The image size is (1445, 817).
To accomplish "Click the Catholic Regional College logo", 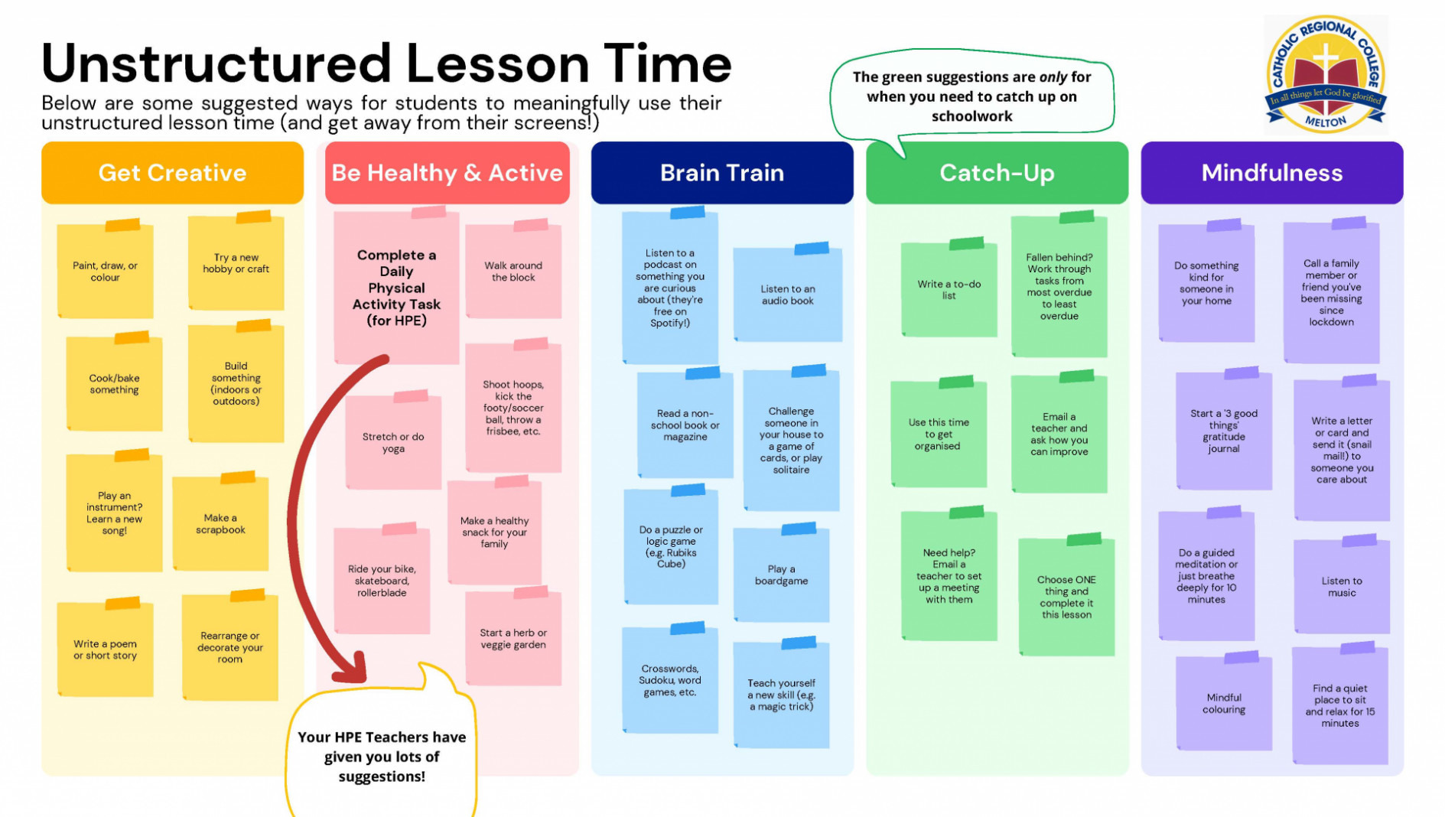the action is pos(1326,75).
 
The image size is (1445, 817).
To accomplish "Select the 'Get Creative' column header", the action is pos(172,172).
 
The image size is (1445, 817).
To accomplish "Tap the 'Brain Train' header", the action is pos(722,172).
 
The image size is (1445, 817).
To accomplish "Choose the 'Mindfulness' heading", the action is pos(1272,172).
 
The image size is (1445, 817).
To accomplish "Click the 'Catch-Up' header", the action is pos(997,172).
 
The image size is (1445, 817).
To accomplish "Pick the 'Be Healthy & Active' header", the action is pos(447,172).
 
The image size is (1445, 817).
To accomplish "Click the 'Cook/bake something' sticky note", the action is pos(114,382).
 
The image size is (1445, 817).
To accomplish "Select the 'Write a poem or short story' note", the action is pos(105,648).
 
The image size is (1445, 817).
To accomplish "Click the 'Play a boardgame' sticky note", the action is pos(781,574).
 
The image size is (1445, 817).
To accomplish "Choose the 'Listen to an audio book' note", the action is pos(788,293).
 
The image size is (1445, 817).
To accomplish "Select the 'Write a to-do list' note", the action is pos(949,288).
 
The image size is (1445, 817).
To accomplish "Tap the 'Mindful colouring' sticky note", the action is pos(1224,702).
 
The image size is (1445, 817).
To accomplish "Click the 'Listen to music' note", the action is pos(1342,585).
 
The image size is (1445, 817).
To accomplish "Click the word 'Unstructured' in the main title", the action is pos(216,63).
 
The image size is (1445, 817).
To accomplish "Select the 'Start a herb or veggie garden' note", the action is pos(513,637).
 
